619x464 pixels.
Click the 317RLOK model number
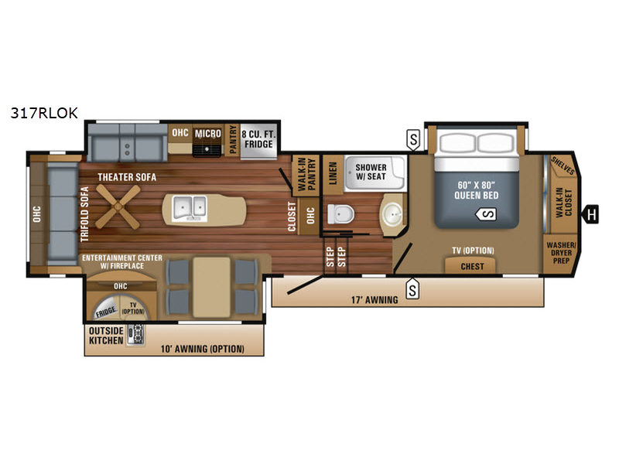tap(44, 113)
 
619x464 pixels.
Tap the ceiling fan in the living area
tap(118, 206)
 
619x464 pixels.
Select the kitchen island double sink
tap(190, 207)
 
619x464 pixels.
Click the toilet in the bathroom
tap(340, 215)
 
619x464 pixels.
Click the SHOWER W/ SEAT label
tap(371, 172)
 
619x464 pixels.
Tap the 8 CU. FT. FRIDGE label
tap(258, 139)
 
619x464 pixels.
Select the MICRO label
tap(207, 134)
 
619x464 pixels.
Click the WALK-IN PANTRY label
tap(306, 176)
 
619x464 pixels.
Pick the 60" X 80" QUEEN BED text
tap(477, 190)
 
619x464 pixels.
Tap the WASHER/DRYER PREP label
tap(561, 253)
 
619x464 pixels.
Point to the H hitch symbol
tap(591, 215)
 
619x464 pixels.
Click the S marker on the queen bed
tap(487, 214)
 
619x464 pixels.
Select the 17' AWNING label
tap(374, 300)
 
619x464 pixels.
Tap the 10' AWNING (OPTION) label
tap(202, 350)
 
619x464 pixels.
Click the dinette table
tap(211, 287)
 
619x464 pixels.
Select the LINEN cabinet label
tap(333, 173)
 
